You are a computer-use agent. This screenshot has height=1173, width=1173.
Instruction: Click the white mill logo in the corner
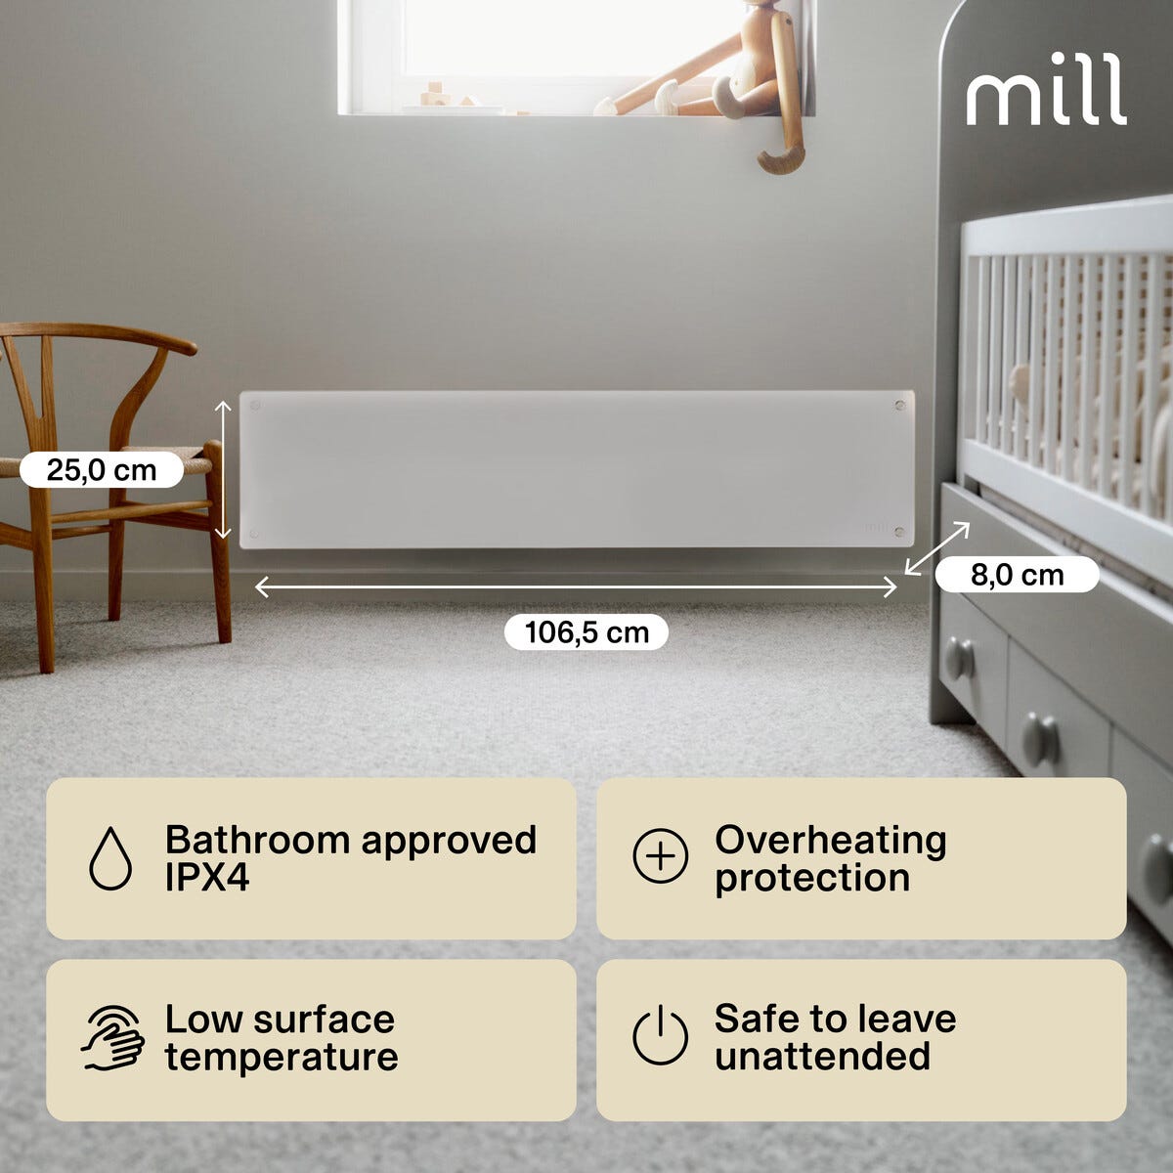[x=1046, y=89]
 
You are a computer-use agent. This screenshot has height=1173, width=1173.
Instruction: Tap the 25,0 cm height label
[x=102, y=470]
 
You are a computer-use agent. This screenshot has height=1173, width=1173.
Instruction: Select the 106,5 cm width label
[x=586, y=632]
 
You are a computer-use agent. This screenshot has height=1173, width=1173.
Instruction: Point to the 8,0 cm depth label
[x=1018, y=575]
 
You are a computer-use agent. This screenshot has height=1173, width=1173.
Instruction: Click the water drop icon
[x=110, y=858]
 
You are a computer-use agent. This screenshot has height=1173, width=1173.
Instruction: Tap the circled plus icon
[x=661, y=856]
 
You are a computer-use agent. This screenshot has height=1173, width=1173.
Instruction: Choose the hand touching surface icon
[x=112, y=1038]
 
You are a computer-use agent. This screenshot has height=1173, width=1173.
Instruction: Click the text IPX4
[x=207, y=878]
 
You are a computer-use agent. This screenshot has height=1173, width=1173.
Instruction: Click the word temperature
[x=282, y=1058]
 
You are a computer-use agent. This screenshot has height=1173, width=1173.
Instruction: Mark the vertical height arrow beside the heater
[x=224, y=469]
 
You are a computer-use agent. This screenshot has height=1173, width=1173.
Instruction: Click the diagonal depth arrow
[x=937, y=547]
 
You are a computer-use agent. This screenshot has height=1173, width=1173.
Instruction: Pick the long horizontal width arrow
[x=576, y=586]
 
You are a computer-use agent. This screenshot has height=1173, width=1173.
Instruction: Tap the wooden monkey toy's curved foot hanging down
[x=782, y=156]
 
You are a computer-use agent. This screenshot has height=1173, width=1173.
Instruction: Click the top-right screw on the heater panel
[x=899, y=405]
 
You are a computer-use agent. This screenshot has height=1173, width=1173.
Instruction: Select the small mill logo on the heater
[x=876, y=527]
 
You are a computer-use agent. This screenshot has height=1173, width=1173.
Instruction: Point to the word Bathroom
[x=257, y=840]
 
